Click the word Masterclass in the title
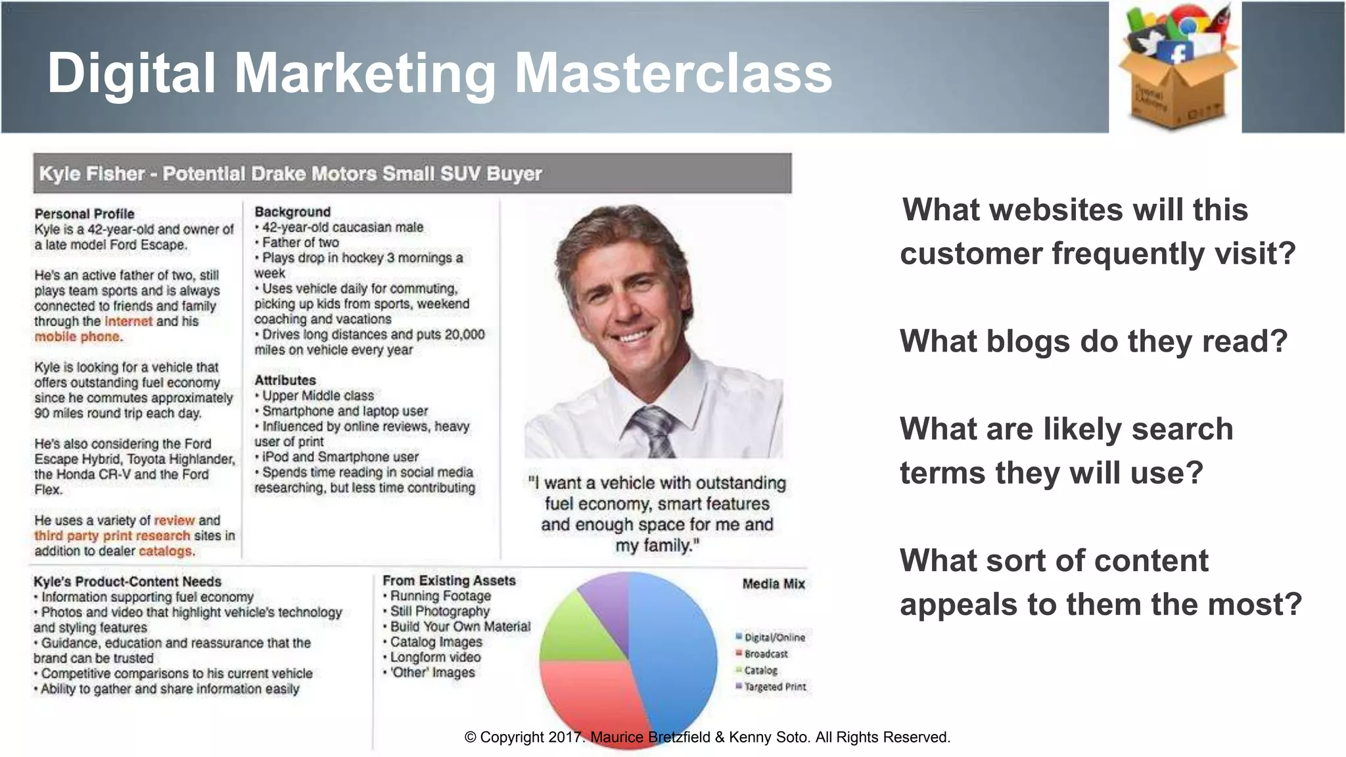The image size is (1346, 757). click(673, 73)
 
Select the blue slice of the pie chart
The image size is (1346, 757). click(677, 651)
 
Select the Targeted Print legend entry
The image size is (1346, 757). click(774, 687)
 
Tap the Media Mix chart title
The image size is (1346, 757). click(773, 584)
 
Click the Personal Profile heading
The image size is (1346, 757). click(84, 214)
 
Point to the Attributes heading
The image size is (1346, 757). click(285, 380)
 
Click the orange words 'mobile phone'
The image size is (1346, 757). click(78, 336)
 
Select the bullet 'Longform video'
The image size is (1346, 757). click(435, 657)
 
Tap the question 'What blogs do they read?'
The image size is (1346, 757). click(1093, 341)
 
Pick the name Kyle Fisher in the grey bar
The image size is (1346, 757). click(91, 173)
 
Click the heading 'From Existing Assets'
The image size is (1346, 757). click(449, 580)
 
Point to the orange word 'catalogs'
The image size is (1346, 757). click(166, 551)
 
